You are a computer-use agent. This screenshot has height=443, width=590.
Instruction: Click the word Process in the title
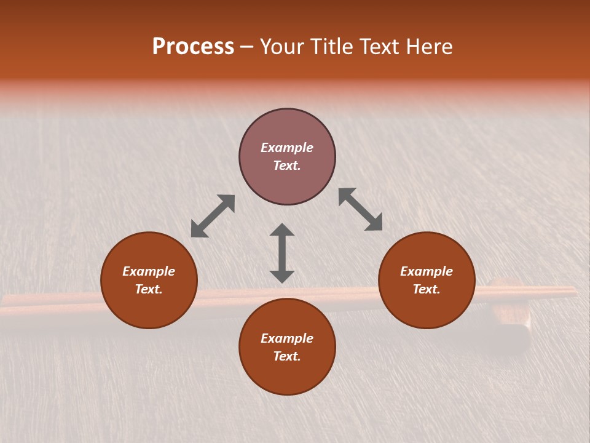tap(193, 47)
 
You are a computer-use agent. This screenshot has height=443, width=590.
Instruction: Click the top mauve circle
tap(287, 185)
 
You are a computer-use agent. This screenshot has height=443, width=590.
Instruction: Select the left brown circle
tap(149, 308)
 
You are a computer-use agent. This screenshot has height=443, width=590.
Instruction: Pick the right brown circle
tap(427, 308)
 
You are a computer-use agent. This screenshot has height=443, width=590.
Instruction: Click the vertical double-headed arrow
tap(282, 253)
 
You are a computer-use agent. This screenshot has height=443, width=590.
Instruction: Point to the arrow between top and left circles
tap(213, 216)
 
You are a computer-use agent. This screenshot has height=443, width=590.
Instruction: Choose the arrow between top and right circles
tap(360, 209)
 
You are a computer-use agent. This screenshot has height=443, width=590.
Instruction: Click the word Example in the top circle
tap(287, 148)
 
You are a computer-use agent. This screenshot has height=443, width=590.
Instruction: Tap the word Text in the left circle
tap(149, 289)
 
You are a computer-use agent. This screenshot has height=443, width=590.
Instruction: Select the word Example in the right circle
tap(427, 271)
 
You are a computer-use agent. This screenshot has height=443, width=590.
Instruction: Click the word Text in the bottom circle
tap(287, 356)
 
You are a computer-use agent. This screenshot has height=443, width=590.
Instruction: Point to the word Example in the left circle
tap(149, 271)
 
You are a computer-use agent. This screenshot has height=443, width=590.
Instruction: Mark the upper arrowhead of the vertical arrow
tap(282, 230)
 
